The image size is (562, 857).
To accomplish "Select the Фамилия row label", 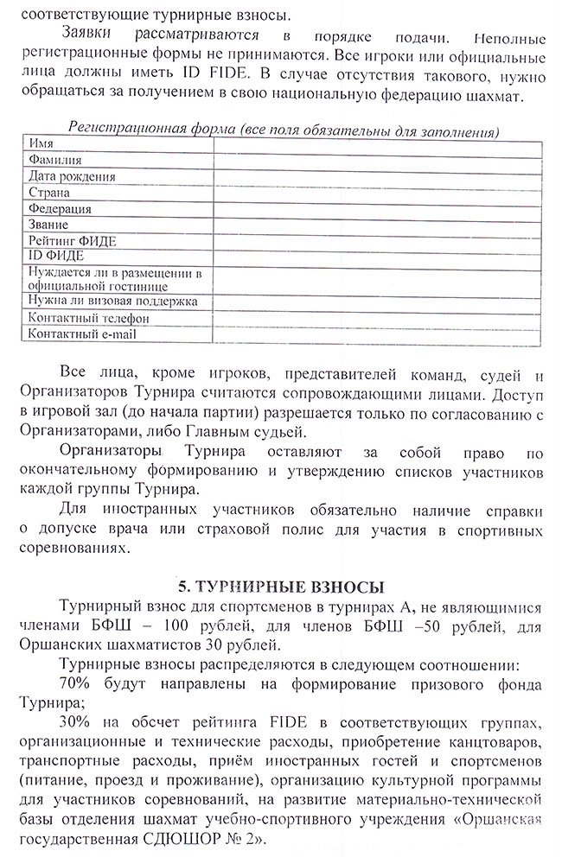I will point(55,160).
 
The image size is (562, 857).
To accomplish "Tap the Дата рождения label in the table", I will point(72,176).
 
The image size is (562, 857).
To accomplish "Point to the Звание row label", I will point(48,225).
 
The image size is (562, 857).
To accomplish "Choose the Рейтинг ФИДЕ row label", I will point(72,240).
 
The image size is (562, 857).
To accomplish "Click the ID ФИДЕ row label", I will point(55,256).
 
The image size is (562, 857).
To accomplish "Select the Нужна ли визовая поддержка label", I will point(113,301).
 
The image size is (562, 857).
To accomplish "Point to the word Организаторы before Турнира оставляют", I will point(111,451).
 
